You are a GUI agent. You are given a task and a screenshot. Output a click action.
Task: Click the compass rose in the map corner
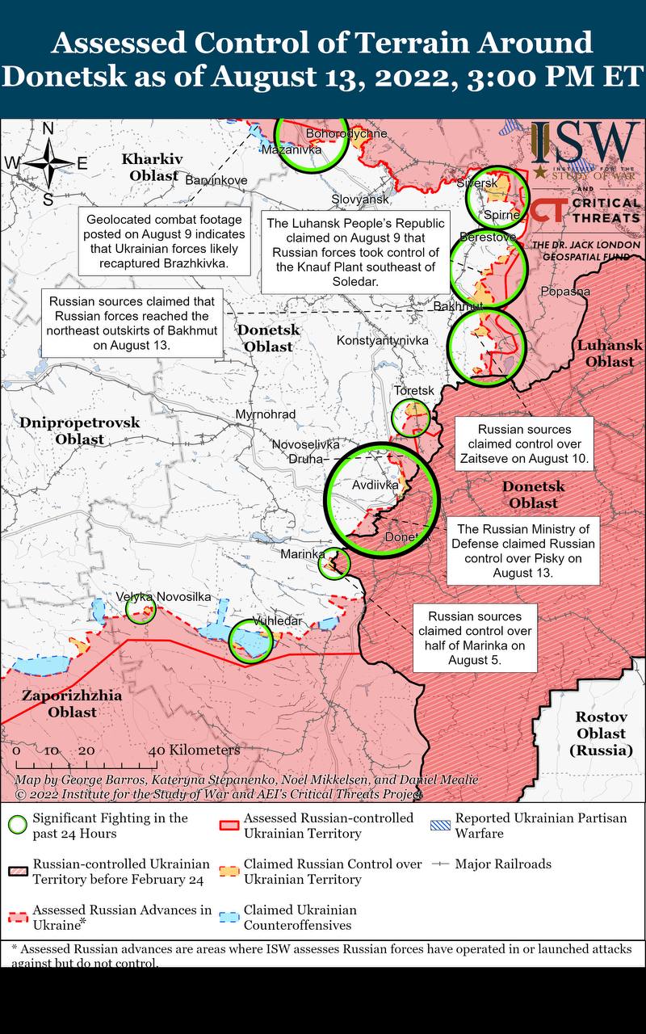coord(48,162)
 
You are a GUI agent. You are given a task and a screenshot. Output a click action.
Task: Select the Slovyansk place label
coord(360,199)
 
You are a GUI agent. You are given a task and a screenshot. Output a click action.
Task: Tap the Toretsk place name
coord(414,391)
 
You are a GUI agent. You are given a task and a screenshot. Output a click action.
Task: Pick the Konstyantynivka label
coord(382,341)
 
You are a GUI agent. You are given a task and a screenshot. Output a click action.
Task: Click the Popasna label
coord(565,292)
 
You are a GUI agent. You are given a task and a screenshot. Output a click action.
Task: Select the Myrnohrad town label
coord(265,414)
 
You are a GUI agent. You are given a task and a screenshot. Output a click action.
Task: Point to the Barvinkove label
coord(216,179)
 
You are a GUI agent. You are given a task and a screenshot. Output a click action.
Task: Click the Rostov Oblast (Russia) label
coord(600,733)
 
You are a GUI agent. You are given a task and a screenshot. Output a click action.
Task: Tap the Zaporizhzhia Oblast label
coord(72,704)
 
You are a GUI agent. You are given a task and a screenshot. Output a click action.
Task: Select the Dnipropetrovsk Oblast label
coord(80,431)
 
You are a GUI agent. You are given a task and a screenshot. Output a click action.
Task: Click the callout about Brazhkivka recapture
coord(164,241)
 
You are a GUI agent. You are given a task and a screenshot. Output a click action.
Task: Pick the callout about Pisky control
coord(522,550)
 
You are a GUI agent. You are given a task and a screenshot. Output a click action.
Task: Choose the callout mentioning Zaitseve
coord(524,443)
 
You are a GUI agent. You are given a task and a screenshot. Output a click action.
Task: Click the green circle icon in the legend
coord(16,825)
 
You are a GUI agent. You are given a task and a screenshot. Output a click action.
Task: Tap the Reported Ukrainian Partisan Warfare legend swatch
coord(441,825)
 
